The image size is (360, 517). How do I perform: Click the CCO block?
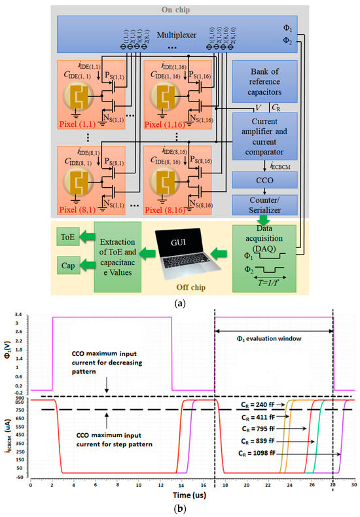point(265,179)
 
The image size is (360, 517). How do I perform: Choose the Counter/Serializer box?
point(265,202)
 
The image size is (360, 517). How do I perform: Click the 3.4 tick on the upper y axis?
point(21,313)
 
